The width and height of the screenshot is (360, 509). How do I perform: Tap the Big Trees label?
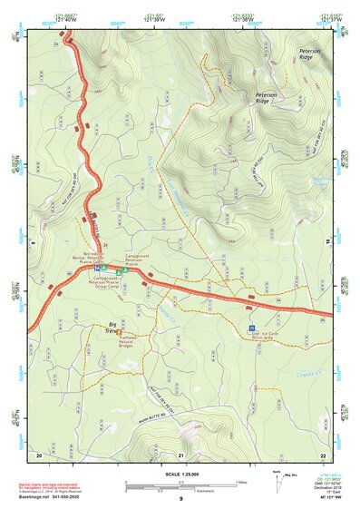coord(114,327)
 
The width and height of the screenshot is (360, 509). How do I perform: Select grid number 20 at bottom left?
coord(39,455)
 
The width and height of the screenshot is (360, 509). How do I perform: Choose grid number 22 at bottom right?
coord(324,455)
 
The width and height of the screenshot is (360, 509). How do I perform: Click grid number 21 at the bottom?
coord(181,455)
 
